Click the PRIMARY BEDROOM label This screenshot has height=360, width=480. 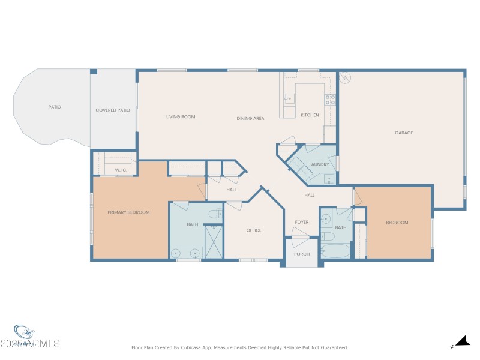(128, 212)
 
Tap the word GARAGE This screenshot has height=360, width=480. (404, 133)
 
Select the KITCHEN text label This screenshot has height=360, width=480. (310, 115)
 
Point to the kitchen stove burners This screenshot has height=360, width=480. (330, 100)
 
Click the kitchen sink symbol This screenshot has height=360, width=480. (288, 98)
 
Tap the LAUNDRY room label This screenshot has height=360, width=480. (319, 164)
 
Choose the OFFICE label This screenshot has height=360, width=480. (254, 230)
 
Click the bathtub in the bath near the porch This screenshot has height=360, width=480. (335, 251)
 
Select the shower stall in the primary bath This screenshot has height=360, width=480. (213, 241)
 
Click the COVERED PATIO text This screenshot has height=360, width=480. (113, 110)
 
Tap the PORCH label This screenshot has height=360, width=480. (302, 254)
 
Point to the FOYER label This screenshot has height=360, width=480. (301, 223)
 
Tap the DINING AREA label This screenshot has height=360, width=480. (250, 119)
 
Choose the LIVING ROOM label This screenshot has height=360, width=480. (181, 117)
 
